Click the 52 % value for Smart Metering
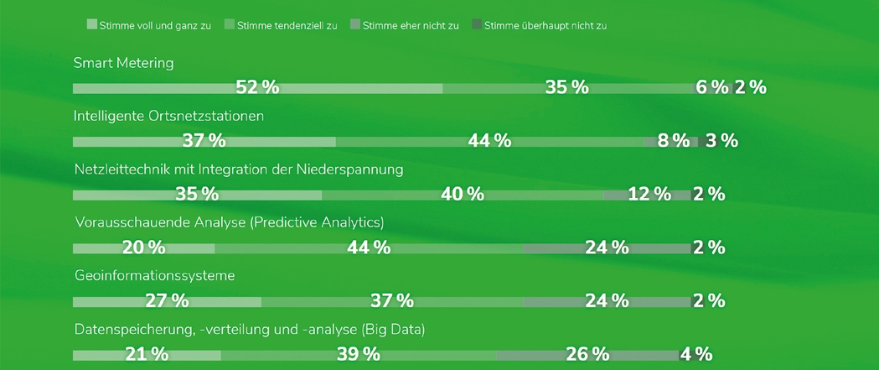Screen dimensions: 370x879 pyautogui.click(x=257, y=87)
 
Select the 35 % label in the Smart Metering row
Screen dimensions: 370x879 pyautogui.click(x=567, y=87)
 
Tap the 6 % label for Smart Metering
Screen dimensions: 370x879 pyautogui.click(x=712, y=87)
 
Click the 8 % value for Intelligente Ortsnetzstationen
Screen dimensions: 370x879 pyautogui.click(x=674, y=141)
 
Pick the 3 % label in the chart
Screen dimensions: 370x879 pyautogui.click(x=721, y=141)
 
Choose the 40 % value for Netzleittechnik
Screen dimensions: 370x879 pyautogui.click(x=463, y=195)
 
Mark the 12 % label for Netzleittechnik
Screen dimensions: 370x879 pyautogui.click(x=649, y=195)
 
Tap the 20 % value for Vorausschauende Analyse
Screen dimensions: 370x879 pyautogui.click(x=143, y=248)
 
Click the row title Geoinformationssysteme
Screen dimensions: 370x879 pyautogui.click(x=154, y=276)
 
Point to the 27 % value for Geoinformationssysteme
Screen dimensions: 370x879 pyautogui.click(x=167, y=300)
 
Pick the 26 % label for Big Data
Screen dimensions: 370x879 pyautogui.click(x=587, y=354)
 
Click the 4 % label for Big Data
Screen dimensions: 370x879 pyautogui.click(x=695, y=354)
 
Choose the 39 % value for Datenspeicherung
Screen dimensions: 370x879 pyautogui.click(x=359, y=354)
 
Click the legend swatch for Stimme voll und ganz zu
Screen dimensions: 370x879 pyautogui.click(x=91, y=24)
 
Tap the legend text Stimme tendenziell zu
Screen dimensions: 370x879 pyautogui.click(x=287, y=25)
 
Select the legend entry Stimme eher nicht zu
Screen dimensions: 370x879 pyautogui.click(x=411, y=25)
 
